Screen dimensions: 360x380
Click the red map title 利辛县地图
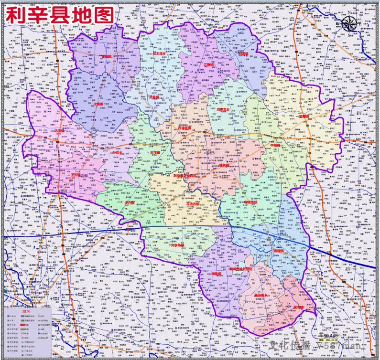tap(60, 15)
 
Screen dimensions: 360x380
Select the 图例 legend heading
tap(27, 311)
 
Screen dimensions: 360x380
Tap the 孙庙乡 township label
tap(116, 153)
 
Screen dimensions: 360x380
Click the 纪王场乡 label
tap(160, 54)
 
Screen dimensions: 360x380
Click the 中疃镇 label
tap(277, 146)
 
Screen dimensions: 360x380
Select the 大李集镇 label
tap(177, 245)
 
